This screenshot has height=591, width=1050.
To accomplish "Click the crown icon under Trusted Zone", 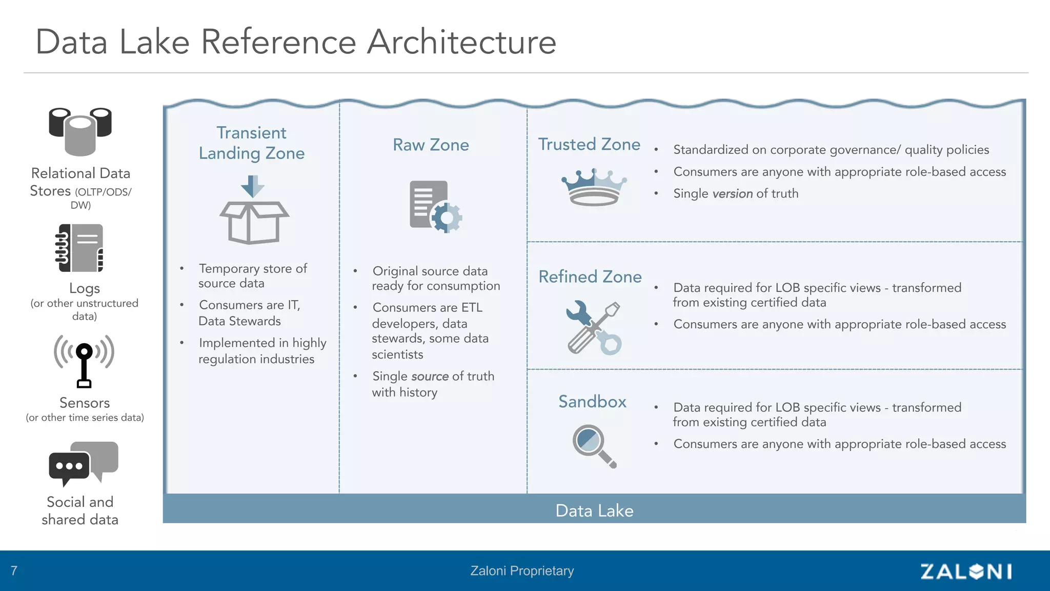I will pyautogui.click(x=594, y=187).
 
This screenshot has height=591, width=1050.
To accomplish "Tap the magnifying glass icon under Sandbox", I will pyautogui.click(x=594, y=446).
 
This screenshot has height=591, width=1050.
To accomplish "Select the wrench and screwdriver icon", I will pyautogui.click(x=594, y=328).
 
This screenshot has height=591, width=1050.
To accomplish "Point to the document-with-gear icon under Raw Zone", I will pyautogui.click(x=435, y=207).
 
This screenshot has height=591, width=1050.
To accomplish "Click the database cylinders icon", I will pyautogui.click(x=80, y=131).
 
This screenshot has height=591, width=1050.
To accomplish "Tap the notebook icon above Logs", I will pyautogui.click(x=80, y=248).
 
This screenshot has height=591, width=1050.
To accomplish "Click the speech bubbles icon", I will pyautogui.click(x=84, y=463).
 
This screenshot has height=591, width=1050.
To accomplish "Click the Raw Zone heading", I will pyautogui.click(x=431, y=145).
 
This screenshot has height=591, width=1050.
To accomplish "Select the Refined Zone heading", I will pyautogui.click(x=590, y=277).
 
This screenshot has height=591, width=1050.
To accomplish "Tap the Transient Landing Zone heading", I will pyautogui.click(x=252, y=143).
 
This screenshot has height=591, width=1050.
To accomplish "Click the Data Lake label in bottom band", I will pyautogui.click(x=594, y=510).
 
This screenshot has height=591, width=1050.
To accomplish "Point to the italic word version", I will pyautogui.click(x=732, y=194).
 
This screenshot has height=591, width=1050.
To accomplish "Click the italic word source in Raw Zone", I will pyautogui.click(x=430, y=377).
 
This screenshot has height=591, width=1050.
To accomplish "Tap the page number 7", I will pyautogui.click(x=14, y=570).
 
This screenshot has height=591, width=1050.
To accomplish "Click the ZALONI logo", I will pyautogui.click(x=965, y=572).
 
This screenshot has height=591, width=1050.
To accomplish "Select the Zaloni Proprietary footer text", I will pyautogui.click(x=522, y=571).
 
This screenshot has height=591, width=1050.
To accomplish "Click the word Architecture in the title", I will pyautogui.click(x=461, y=42).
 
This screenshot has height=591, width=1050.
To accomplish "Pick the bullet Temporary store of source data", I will pyautogui.click(x=252, y=276).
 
